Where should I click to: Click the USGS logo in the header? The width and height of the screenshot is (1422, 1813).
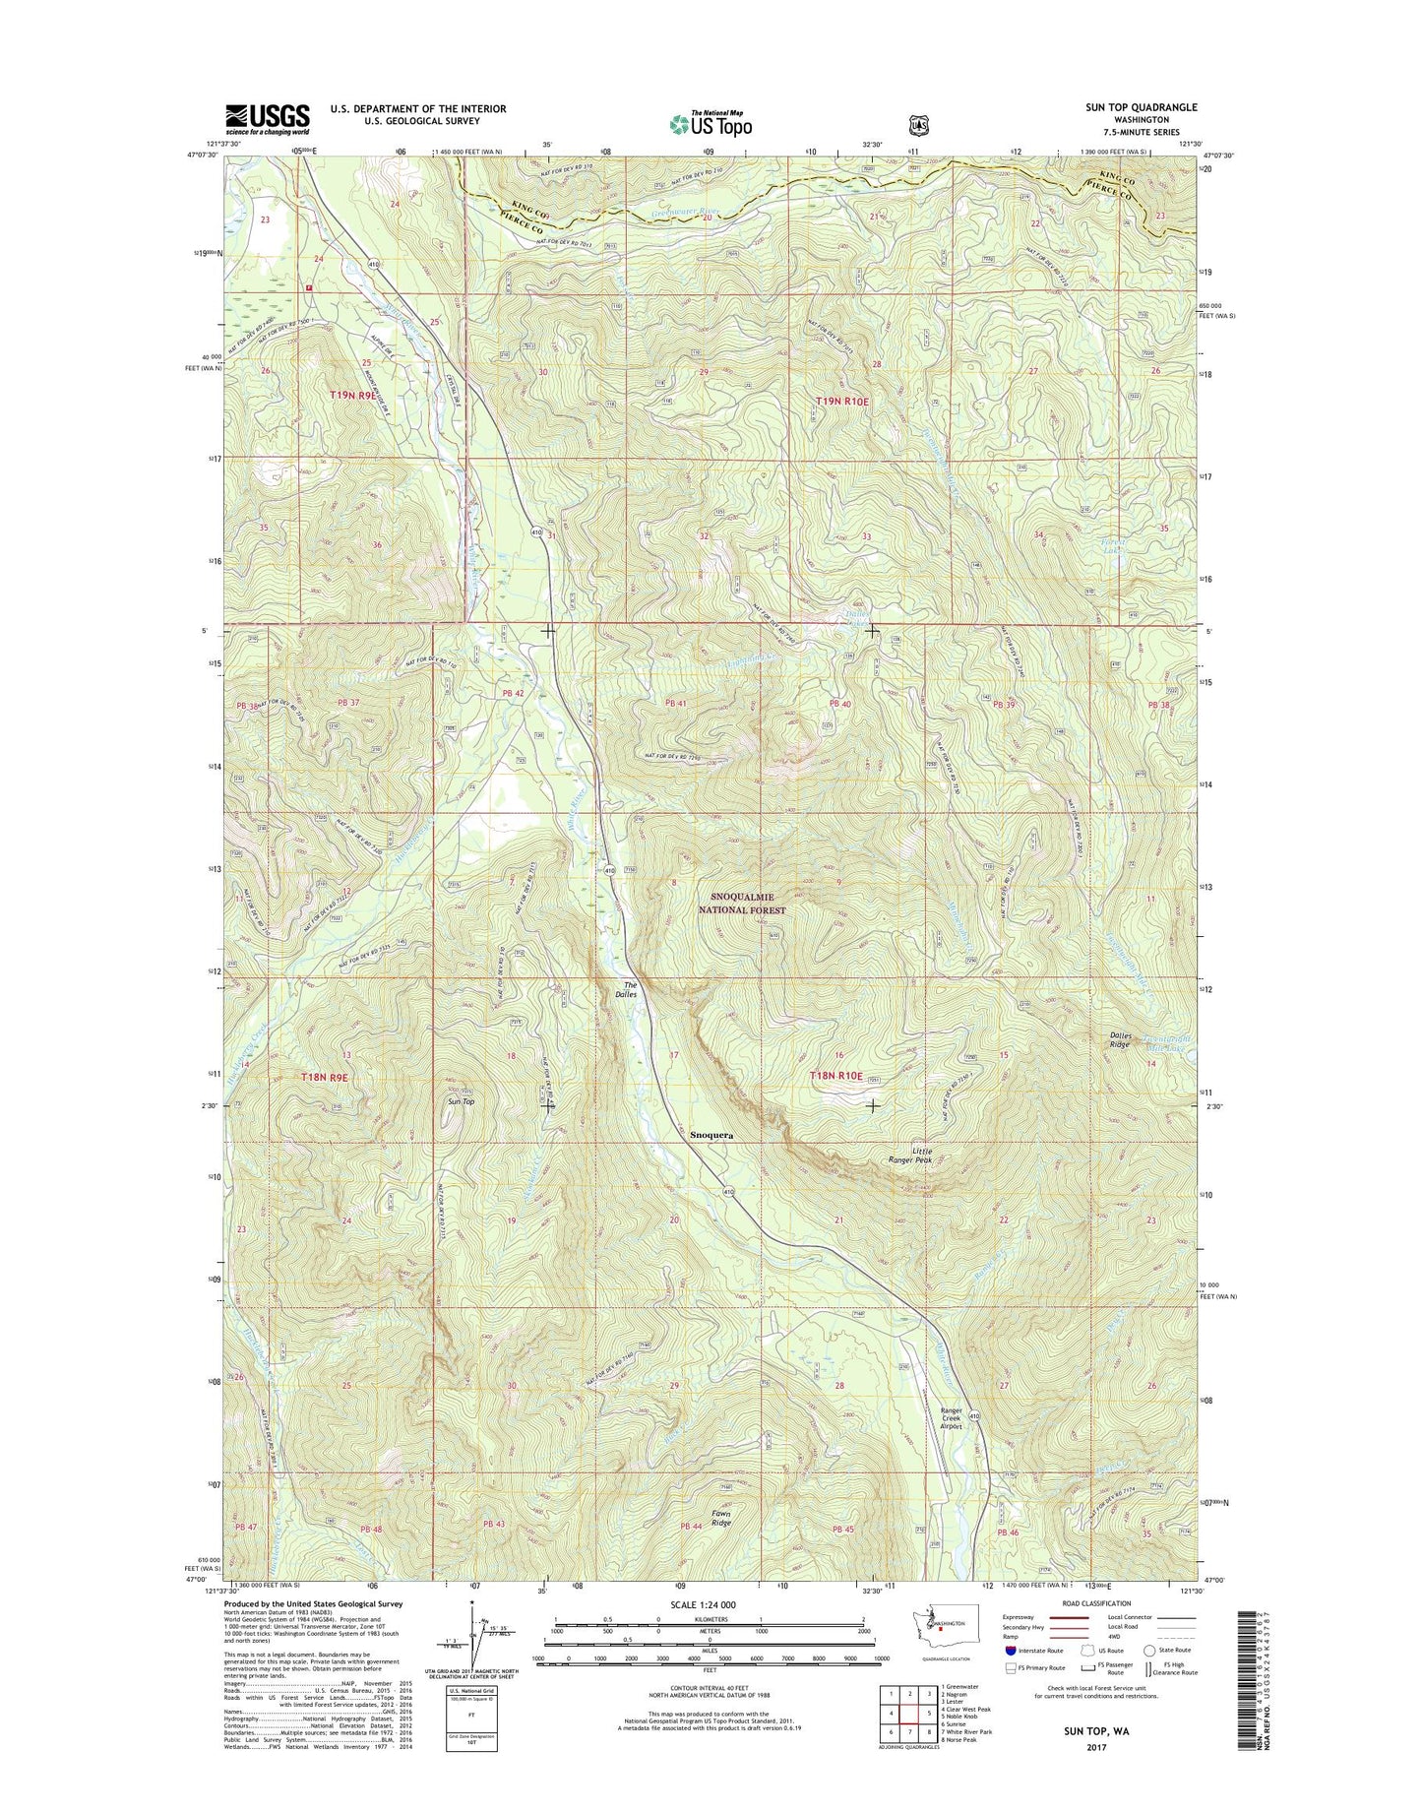click(x=268, y=119)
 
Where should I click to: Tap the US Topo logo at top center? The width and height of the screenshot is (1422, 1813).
click(x=711, y=123)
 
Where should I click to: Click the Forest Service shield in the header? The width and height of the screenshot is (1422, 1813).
click(x=918, y=125)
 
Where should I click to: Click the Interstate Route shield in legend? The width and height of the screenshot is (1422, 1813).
click(x=1011, y=1677)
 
